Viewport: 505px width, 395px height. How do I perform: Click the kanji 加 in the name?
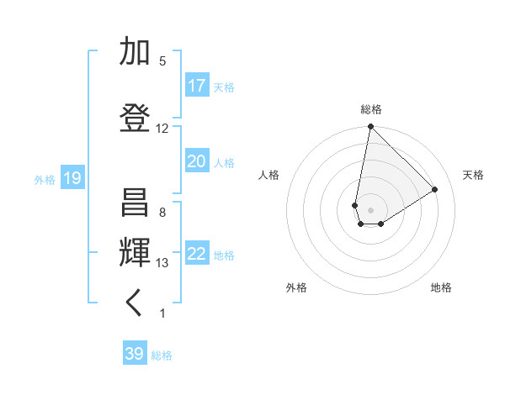click(135, 53)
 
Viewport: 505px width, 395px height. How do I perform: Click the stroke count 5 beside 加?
click(162, 61)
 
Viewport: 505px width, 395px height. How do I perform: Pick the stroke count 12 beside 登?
click(162, 129)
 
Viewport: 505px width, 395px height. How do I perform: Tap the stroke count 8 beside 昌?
click(162, 213)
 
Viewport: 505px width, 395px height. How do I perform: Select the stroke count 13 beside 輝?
click(162, 263)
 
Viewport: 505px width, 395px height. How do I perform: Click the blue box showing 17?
click(197, 86)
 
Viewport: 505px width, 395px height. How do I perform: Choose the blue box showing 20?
click(197, 161)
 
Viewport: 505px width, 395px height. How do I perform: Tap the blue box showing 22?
click(197, 255)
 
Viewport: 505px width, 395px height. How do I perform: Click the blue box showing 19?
click(72, 178)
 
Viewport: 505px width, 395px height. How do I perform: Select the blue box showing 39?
click(134, 354)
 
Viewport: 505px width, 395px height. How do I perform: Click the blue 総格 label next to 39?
click(162, 355)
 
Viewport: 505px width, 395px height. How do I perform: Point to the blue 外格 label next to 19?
click(45, 179)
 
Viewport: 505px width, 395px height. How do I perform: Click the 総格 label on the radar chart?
click(370, 109)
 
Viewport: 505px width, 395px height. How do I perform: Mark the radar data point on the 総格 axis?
click(370, 127)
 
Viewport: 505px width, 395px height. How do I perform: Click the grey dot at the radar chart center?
click(370, 208)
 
